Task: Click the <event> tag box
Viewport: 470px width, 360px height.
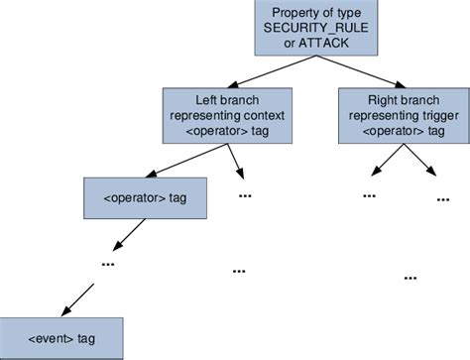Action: tap(61, 338)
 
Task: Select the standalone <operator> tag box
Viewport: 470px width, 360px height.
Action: tap(144, 198)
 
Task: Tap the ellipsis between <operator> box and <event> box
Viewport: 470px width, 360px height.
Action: tap(107, 264)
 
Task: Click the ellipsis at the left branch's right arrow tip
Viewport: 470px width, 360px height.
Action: tap(245, 195)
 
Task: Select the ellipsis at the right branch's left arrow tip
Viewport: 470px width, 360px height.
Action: tap(369, 194)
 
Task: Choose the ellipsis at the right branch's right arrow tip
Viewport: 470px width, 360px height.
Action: tap(442, 198)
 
